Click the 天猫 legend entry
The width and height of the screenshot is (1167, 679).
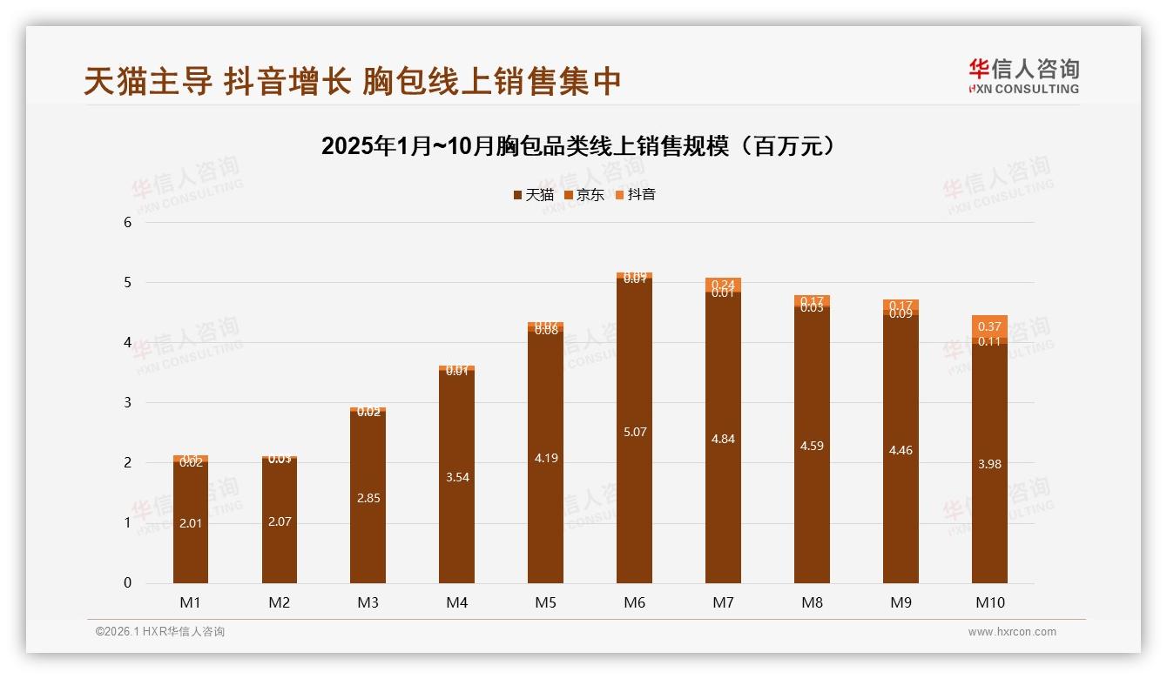coord(533,195)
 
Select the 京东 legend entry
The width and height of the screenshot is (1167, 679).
coord(583,195)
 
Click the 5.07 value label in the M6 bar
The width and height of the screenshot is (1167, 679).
coord(635,432)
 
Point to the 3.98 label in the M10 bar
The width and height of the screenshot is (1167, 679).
coord(989,464)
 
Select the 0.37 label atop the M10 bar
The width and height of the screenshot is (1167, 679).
coord(989,326)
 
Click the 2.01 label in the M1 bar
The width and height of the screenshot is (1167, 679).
coord(191,523)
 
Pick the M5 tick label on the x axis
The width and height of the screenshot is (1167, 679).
coord(545,602)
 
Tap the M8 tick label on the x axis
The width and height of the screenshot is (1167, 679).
coord(812,602)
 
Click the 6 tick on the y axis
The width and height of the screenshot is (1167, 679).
coord(127,222)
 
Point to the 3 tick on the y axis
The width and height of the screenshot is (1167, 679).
coord(127,402)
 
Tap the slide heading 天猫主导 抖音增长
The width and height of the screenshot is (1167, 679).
coord(353,81)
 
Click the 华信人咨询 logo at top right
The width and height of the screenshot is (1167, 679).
coord(1023,77)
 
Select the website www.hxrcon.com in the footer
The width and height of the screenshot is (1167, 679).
coord(1012,632)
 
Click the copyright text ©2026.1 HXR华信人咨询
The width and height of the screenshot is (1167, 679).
coord(160,632)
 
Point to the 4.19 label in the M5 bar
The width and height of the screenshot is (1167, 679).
coord(545,458)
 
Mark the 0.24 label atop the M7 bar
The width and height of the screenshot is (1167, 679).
coord(723,285)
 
